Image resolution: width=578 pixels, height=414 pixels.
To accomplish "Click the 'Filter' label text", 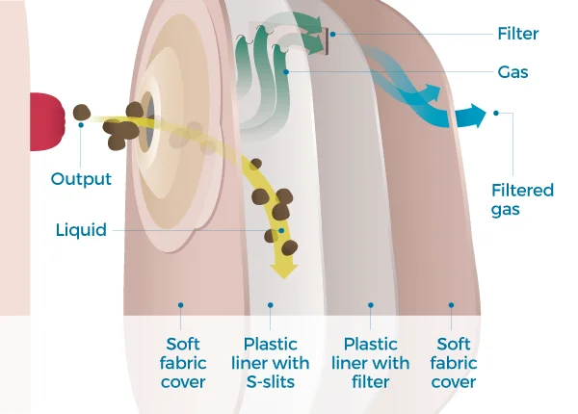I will coord(519,34).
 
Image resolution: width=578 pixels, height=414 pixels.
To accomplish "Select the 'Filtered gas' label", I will coord(522,199).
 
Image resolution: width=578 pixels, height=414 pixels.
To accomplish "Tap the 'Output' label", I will coord(81,179).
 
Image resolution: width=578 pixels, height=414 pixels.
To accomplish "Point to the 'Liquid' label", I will coord(81,230).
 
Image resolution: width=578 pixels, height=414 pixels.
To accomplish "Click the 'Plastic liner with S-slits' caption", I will coord(271,363).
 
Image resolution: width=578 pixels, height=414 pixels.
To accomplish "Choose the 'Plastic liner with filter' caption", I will coord(370,363).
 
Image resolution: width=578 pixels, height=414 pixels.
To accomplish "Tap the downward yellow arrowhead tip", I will coord(282,273).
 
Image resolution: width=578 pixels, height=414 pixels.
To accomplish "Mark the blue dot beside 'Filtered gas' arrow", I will coord(497,113).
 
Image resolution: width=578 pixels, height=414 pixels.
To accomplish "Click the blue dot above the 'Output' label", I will coord(81,124).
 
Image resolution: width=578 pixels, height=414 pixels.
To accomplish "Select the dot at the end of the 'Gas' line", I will coord(287,72).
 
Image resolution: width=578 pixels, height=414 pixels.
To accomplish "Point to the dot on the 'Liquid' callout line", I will coord(280,231).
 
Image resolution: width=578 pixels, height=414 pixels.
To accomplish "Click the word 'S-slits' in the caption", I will coord(271,382).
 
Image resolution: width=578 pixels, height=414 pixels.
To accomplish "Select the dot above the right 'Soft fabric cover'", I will coord(451,305).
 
